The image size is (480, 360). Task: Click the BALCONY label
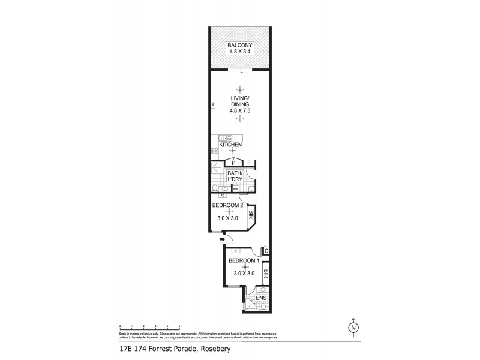pos(239,46)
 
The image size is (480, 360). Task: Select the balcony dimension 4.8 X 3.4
pos(239,52)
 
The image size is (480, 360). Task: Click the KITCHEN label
pos(231,145)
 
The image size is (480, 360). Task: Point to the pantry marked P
pos(233,163)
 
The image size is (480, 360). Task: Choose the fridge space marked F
pos(249,163)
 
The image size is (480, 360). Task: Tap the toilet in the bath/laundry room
pos(217,188)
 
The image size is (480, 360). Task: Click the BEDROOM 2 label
pos(227,205)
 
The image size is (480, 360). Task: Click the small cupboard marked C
pos(266,251)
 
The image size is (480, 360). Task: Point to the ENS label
pos(261,298)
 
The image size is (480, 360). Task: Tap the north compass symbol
pos(354,327)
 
